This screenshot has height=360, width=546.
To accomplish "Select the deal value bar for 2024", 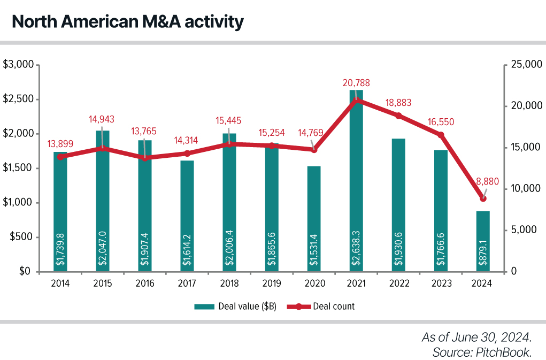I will (x=483, y=241).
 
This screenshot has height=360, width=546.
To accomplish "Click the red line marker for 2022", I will (x=398, y=116).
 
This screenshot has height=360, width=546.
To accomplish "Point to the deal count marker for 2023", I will (x=441, y=135).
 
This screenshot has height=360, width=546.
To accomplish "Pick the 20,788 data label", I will (x=356, y=83).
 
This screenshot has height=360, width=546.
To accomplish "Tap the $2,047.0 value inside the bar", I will (x=103, y=251).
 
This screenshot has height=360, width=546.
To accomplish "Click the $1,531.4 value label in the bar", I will (x=314, y=251).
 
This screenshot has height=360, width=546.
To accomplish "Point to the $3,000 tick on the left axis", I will (x=19, y=65).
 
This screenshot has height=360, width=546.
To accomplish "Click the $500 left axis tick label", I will (x=22, y=237).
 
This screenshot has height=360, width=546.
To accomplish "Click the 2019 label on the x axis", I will (x=272, y=284).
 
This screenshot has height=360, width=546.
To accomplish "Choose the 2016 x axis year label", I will (x=145, y=284).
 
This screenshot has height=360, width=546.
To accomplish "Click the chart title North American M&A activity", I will (x=127, y=22).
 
